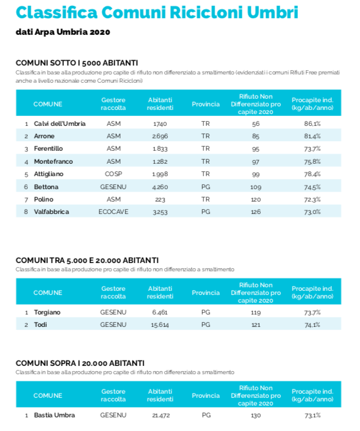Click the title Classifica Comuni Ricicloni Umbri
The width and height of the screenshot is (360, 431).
click(157, 12)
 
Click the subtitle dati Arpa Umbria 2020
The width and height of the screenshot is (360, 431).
click(63, 31)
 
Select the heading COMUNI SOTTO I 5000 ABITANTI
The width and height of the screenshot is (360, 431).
click(77, 63)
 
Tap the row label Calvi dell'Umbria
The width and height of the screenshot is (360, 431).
click(60, 124)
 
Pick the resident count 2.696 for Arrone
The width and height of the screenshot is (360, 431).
click(160, 136)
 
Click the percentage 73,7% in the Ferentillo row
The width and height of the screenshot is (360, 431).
click(312, 148)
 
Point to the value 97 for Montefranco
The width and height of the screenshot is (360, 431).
click(255, 161)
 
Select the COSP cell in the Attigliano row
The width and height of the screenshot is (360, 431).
click(113, 174)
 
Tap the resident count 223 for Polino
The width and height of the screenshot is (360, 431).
click(160, 199)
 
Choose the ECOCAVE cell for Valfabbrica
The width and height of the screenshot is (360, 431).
click(113, 212)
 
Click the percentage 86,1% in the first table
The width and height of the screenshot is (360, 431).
click(312, 124)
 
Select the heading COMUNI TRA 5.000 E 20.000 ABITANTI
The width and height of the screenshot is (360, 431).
click(87, 260)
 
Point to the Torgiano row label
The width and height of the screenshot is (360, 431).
click(47, 312)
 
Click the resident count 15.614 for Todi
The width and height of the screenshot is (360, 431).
click(160, 325)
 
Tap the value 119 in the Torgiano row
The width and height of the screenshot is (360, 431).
click(255, 312)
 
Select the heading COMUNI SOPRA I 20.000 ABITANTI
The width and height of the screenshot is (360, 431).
click(80, 363)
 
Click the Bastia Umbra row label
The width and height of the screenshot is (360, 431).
click(54, 415)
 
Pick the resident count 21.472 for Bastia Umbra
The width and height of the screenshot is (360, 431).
click(160, 415)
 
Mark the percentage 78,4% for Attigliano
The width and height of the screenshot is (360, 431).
click(312, 174)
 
